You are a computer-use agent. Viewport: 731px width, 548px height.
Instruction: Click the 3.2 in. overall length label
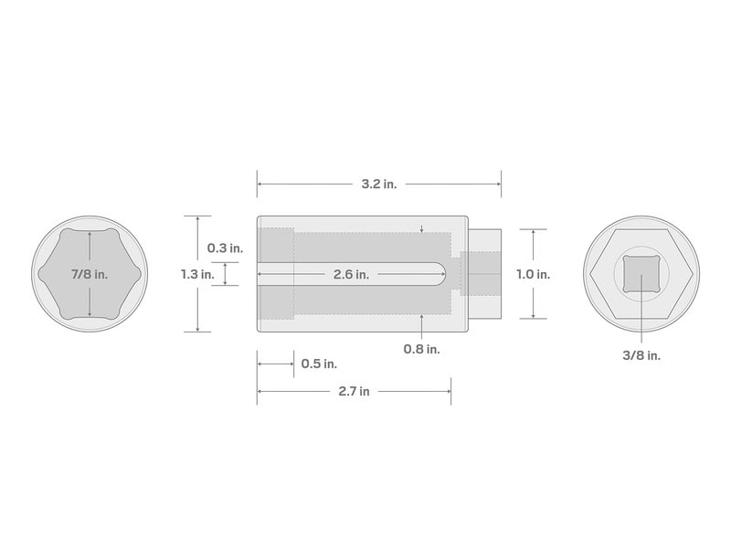378,184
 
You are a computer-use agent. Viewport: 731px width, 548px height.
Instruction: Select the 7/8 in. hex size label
90,274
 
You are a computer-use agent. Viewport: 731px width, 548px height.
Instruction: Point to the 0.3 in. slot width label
225,248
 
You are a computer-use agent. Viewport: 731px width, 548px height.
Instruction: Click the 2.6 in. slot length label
351,274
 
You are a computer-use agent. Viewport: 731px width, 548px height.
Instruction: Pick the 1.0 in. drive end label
533,274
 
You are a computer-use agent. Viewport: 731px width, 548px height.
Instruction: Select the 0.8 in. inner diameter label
421,348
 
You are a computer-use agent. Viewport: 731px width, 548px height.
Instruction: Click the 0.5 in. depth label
318,364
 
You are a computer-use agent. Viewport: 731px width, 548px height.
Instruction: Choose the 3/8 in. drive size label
641,355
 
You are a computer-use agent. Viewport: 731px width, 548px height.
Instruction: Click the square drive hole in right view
640,273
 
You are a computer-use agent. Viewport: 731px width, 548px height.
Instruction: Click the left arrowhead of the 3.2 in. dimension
260,184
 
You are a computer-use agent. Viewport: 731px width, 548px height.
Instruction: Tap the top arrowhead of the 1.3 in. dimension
196,218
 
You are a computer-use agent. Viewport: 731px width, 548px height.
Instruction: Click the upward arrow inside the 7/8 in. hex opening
90,235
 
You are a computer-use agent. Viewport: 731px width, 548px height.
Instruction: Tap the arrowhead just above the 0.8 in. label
421,318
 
